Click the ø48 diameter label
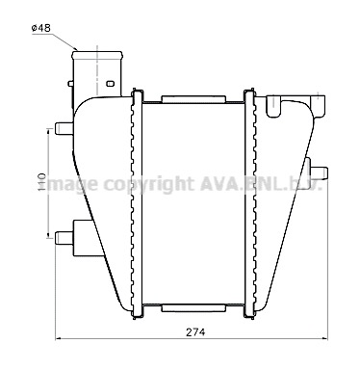click(41, 28)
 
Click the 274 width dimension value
click(195, 332)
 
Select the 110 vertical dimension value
click(42, 182)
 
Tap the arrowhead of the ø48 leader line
click(75, 48)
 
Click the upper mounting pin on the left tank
click(64, 128)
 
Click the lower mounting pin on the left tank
click(64, 238)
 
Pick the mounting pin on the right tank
click(319, 173)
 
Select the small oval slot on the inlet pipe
click(110, 84)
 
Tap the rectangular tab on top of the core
click(193, 99)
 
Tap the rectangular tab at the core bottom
click(193, 308)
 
